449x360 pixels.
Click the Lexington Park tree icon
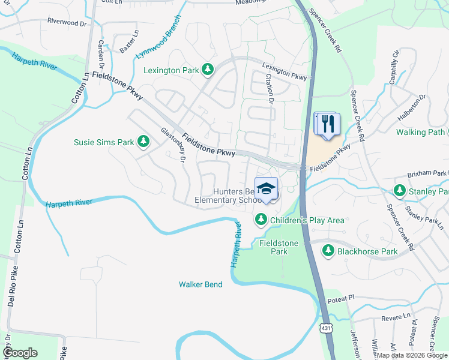pyautogui.click(x=207, y=70)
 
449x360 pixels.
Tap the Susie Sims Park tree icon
pyautogui.click(x=143, y=142)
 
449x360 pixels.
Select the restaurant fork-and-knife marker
pyautogui.click(x=327, y=125)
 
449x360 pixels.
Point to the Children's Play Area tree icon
pyautogui.click(x=261, y=220)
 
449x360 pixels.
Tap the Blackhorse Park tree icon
pyautogui.click(x=328, y=251)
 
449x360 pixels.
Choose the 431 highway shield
pyautogui.click(x=325, y=328)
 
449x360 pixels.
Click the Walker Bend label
pyautogui.click(x=200, y=284)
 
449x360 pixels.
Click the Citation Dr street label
pyautogui.click(x=270, y=89)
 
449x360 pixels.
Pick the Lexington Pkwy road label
pyautogui.click(x=284, y=72)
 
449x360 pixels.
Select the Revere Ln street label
pyautogui.click(x=399, y=315)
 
